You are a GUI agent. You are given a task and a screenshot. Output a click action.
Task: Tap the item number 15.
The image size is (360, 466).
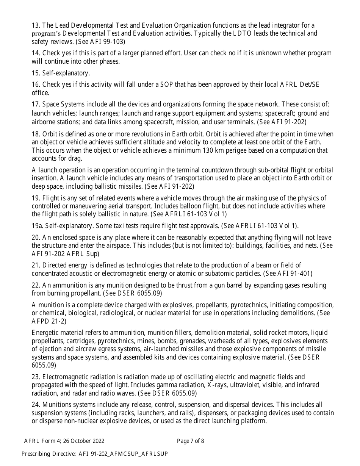tap(36, 73)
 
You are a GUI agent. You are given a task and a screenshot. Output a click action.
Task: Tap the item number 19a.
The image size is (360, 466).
tap(37, 226)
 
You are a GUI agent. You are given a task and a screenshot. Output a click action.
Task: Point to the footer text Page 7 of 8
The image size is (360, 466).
tap(190, 441)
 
